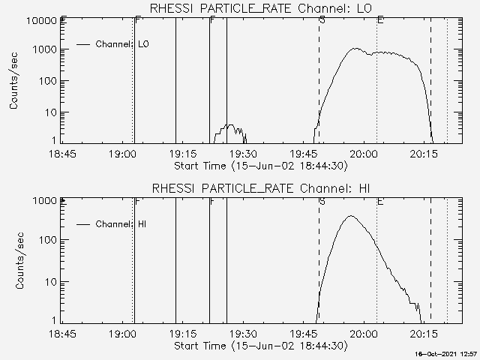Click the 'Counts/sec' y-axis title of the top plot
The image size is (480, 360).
click(15, 82)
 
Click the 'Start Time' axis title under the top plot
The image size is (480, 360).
click(259, 166)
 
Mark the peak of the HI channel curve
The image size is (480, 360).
click(350, 216)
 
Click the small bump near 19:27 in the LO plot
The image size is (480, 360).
click(231, 126)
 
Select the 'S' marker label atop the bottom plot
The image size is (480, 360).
click(322, 200)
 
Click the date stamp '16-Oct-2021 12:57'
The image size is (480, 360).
click(447, 353)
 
